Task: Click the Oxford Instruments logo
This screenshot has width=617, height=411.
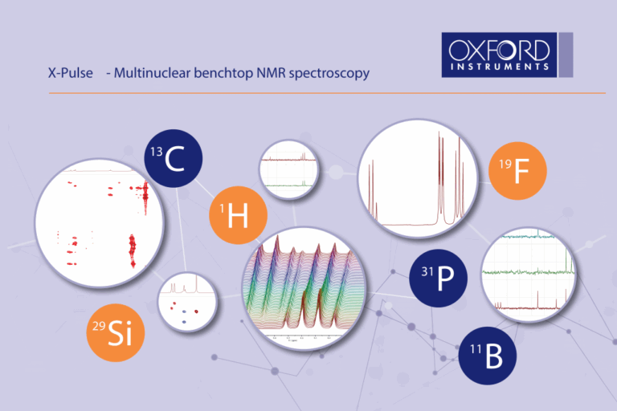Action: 505,54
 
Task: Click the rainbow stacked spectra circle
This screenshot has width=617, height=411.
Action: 303,287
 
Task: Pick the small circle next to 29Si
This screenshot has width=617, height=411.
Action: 187,303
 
